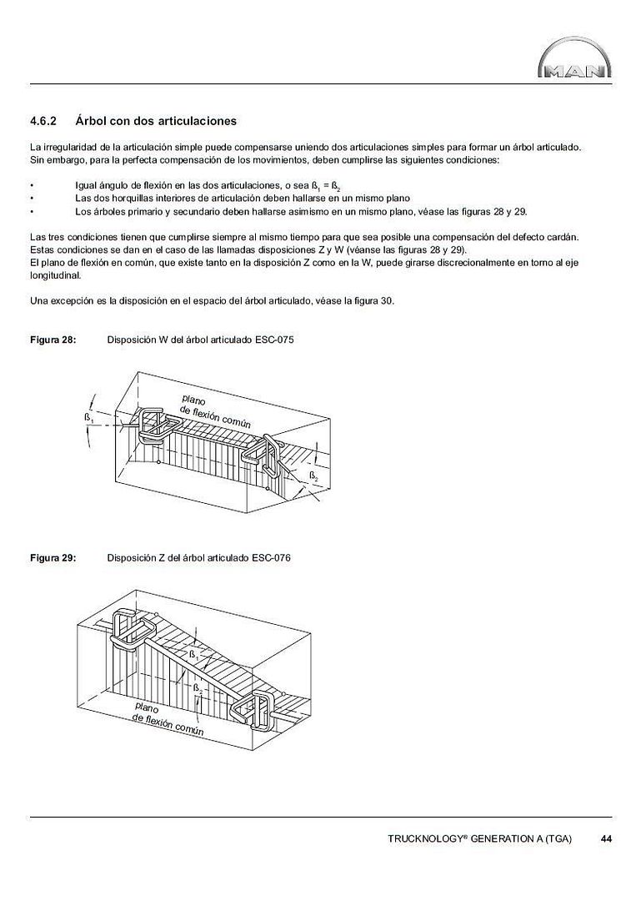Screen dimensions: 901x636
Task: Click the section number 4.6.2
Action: click(43, 121)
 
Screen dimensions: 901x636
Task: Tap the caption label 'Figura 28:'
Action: click(53, 340)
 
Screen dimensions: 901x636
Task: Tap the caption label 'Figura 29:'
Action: click(53, 558)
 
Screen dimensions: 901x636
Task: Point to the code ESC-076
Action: click(271, 558)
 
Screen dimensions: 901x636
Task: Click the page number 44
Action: click(606, 838)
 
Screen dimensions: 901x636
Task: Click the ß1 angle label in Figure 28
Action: click(88, 416)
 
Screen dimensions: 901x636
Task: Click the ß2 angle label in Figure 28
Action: click(314, 476)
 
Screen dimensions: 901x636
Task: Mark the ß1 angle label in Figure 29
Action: click(193, 655)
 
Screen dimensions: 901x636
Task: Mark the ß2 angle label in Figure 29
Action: click(198, 689)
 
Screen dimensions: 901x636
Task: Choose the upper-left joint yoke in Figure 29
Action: click(124, 629)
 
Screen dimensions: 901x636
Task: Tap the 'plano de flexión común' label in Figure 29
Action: click(167, 717)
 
